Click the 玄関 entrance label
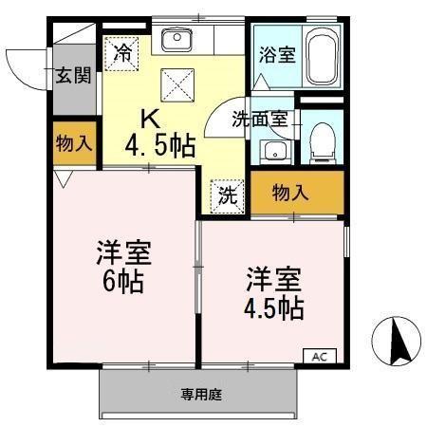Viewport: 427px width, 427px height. tap(72, 75)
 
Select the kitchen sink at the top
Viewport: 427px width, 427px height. tap(176, 40)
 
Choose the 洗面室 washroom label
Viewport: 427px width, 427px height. tap(261, 121)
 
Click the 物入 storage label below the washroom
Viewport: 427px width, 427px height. tap(291, 193)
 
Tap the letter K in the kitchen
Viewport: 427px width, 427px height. tap(150, 119)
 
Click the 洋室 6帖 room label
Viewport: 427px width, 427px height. tap(123, 267)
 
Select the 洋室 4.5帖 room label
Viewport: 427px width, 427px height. tap(275, 294)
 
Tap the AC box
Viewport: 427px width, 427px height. tap(318, 357)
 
